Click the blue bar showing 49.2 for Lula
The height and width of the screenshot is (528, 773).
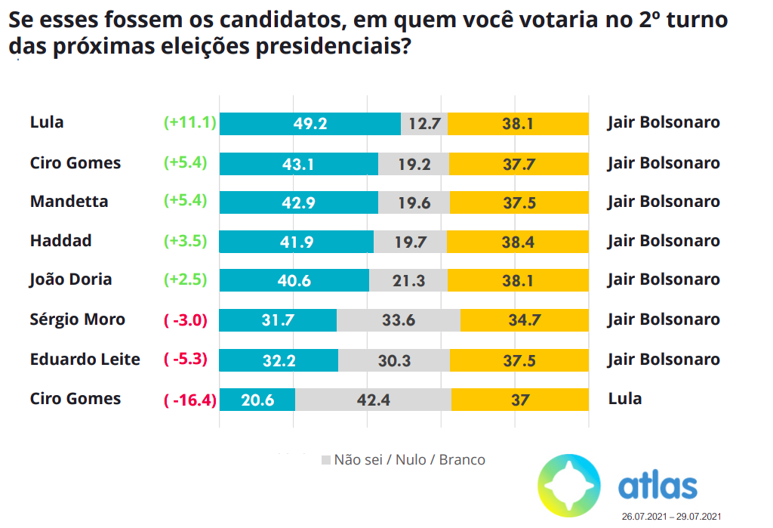[310, 123]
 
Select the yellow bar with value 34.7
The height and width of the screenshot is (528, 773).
[524, 320]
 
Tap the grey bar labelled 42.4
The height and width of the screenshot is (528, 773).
[373, 399]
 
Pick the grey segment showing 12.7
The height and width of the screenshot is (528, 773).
[424, 123]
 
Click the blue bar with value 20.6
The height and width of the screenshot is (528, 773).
[257, 399]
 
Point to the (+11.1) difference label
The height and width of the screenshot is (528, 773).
[190, 123]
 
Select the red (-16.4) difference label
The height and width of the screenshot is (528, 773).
[190, 399]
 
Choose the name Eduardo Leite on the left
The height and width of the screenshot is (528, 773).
[85, 359]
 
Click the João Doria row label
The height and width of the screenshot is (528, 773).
[71, 279]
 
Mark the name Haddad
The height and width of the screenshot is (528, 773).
[60, 241]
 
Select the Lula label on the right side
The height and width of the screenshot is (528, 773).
[624, 399]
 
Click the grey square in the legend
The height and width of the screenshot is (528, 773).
[326, 459]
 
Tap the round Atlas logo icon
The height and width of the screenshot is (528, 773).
[568, 484]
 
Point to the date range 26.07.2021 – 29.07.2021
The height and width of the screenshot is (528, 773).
[671, 517]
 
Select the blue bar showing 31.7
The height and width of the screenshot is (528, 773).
[278, 320]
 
